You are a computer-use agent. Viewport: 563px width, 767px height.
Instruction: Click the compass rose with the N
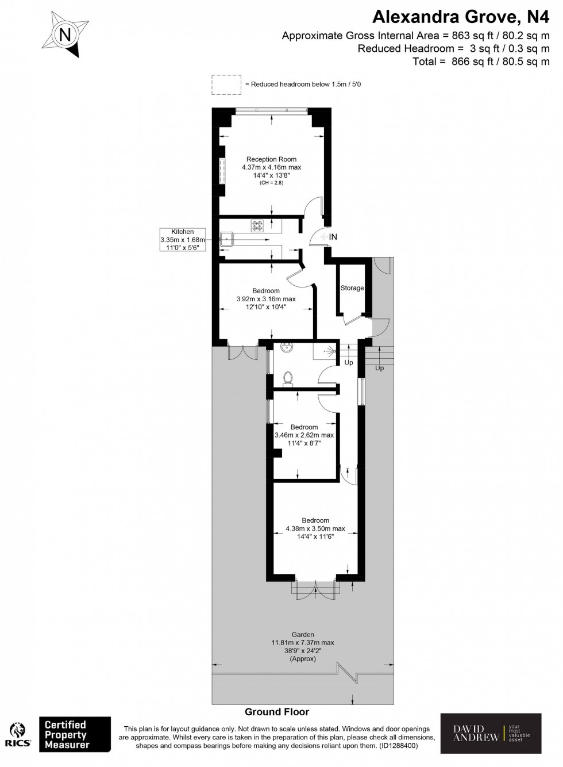65,35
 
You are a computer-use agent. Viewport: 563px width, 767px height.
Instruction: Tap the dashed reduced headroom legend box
227,85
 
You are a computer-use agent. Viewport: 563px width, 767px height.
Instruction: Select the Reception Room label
271,159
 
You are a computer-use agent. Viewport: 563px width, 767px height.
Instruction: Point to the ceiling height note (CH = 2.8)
271,183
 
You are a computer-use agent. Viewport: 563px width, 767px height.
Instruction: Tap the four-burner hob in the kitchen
256,226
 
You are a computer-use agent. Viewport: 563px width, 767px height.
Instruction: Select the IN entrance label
333,237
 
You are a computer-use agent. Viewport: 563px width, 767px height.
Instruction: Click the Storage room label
352,288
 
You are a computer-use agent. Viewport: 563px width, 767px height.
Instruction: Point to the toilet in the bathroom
289,378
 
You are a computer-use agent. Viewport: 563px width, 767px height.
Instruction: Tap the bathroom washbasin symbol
286,347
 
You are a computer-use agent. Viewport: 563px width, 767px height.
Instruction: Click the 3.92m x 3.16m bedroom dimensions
266,299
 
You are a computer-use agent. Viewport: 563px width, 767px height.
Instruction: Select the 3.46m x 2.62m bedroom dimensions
304,435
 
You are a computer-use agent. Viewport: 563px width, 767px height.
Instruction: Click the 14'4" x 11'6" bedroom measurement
315,536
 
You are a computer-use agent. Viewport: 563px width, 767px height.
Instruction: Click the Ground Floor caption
277,712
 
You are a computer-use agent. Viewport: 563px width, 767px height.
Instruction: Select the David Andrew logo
491,733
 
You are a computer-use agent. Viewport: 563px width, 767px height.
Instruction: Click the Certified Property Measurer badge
74,734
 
